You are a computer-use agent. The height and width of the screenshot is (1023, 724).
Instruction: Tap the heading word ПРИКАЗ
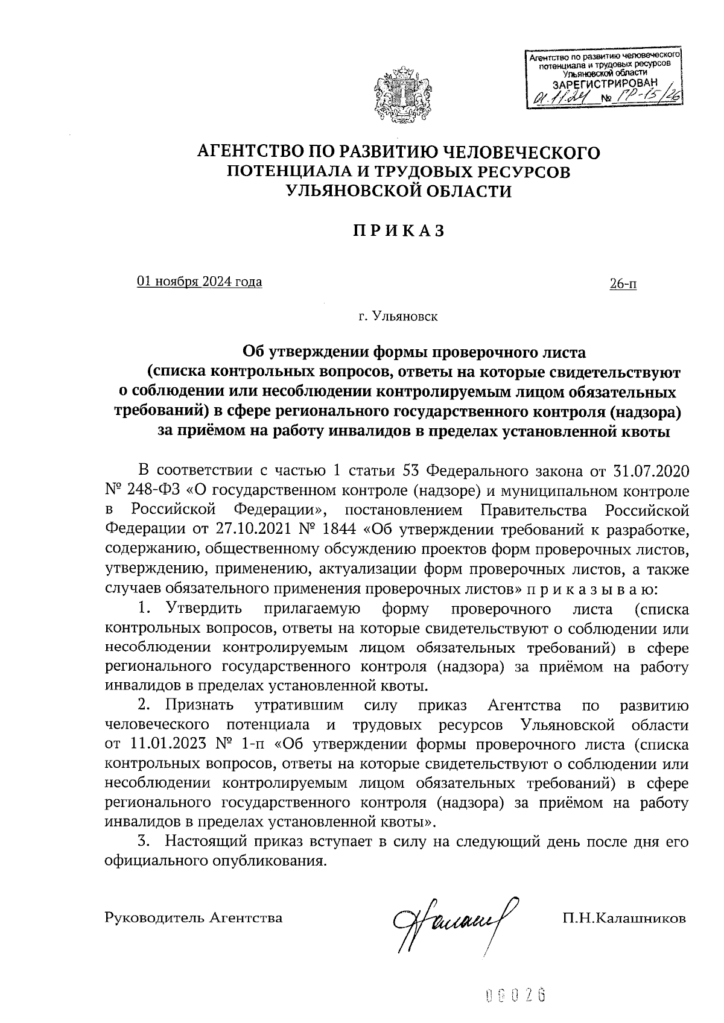399,230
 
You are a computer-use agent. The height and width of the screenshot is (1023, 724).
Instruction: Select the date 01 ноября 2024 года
200,282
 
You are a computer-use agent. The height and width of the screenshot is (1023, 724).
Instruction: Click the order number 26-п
624,283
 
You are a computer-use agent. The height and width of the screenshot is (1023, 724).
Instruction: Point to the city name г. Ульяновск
398,315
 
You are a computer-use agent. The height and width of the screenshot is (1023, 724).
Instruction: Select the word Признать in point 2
202,705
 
